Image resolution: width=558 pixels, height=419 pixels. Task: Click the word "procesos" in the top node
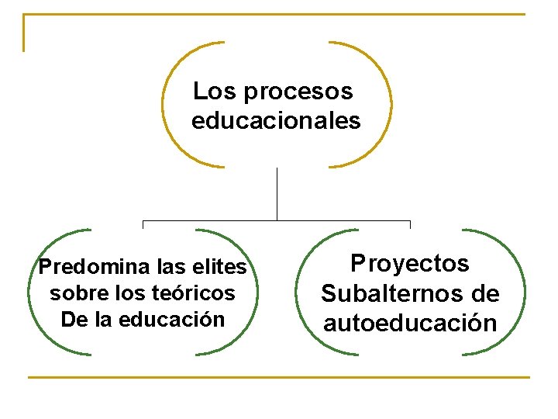click(x=298, y=92)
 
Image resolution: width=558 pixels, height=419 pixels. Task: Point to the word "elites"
click(x=220, y=268)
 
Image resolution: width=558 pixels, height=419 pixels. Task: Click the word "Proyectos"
click(x=410, y=264)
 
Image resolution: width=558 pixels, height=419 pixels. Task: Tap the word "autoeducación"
click(x=410, y=323)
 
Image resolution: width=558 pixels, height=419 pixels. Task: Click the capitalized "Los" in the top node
click(x=214, y=92)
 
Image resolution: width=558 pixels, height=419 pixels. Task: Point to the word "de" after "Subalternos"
click(x=484, y=294)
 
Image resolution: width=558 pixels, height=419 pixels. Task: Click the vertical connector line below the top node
click(x=277, y=194)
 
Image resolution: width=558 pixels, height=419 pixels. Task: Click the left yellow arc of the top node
click(x=164, y=105)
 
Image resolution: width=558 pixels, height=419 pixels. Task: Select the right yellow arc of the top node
click(x=390, y=105)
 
